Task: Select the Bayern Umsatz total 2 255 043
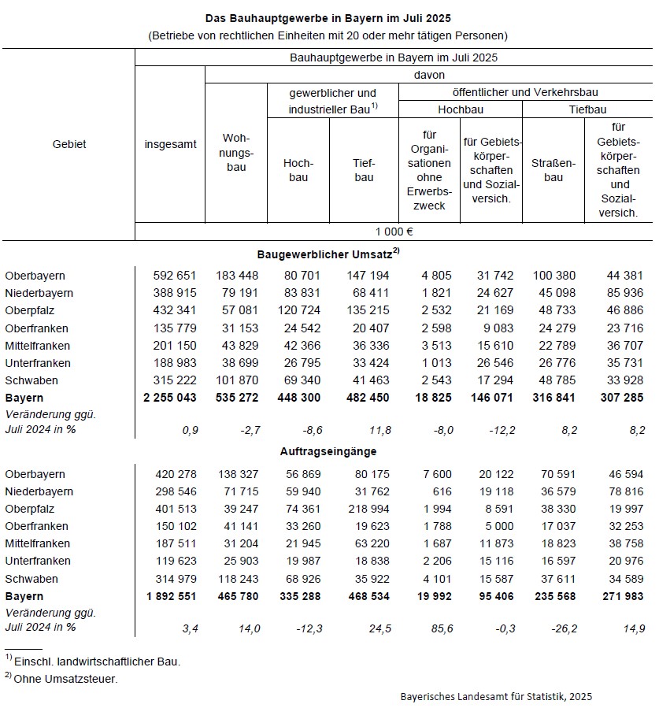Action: coord(170,398)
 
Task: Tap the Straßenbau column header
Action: coord(553,170)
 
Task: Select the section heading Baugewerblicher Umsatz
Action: coord(327,254)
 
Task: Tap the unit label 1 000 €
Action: coord(394,232)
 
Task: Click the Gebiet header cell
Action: coord(68,144)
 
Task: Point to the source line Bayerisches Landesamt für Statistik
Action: coord(496,696)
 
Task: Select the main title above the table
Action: coord(334,17)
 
